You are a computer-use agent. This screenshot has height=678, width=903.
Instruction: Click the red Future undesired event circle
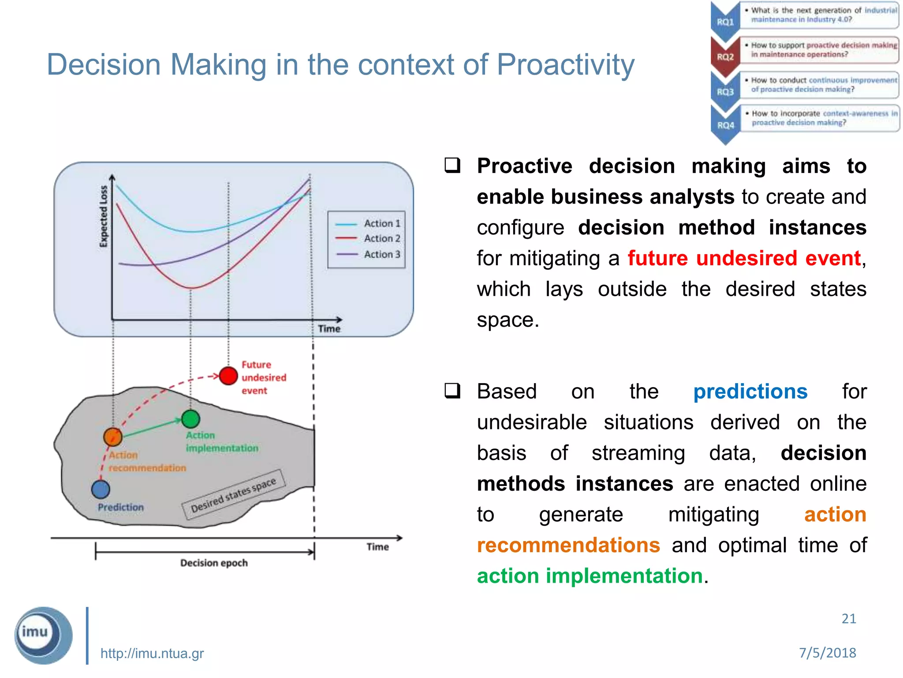pos(228,376)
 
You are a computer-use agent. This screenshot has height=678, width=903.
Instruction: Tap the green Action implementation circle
pos(190,419)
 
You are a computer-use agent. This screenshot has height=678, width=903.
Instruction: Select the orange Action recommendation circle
pos(113,437)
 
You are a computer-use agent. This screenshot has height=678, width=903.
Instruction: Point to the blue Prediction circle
pos(101,489)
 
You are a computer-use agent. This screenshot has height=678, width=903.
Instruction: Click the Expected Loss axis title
pos(104,216)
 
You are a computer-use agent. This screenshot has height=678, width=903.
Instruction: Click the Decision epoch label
pos(214,563)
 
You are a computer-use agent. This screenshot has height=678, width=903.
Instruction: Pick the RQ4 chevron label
pos(725,125)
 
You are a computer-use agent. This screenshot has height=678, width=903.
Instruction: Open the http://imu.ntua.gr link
pos(152,653)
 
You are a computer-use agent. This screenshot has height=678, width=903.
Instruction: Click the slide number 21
pos(848,619)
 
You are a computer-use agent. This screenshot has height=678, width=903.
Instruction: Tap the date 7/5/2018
pos(827,652)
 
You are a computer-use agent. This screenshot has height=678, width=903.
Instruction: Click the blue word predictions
pos(750,392)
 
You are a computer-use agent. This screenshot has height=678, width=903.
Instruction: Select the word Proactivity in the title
pos(565,65)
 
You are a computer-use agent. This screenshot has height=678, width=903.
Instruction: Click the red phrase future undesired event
pos(744,258)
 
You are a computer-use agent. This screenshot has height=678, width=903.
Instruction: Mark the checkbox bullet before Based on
pos(452,391)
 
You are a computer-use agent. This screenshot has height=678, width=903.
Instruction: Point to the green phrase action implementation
pos(590,576)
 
